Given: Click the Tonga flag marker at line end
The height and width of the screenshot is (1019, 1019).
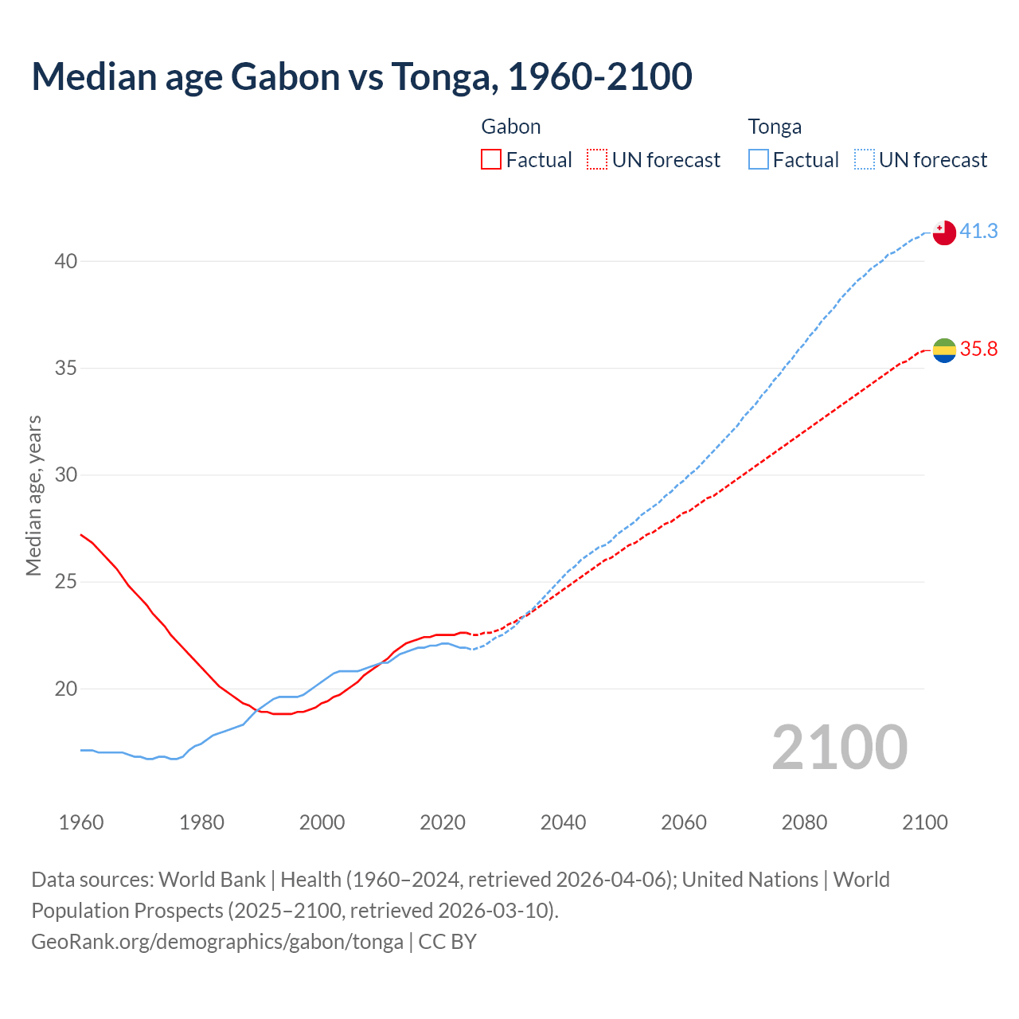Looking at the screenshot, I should (944, 232).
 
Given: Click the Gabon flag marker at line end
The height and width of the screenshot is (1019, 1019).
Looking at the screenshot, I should (944, 349).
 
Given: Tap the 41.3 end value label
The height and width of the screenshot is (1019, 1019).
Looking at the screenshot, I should (978, 231).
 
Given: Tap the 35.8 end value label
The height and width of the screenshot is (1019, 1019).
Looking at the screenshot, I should (978, 349).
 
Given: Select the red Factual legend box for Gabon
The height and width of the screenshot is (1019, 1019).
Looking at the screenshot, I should (491, 160).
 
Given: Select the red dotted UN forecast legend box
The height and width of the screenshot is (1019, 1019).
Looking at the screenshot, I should (597, 160).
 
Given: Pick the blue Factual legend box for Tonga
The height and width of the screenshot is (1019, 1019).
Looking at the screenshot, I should (759, 160).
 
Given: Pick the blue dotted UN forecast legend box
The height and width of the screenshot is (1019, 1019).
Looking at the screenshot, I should (865, 160).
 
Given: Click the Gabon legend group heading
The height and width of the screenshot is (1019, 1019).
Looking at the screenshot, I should (511, 127).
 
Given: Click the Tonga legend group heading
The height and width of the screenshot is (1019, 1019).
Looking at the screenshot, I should (775, 127).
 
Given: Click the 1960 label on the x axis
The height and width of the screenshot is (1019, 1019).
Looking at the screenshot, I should (81, 822).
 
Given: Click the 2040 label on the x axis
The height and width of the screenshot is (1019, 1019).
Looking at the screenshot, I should (563, 822).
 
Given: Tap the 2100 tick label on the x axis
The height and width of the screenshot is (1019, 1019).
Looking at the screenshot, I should (925, 822).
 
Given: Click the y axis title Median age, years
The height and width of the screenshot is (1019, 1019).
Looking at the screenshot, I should (33, 495).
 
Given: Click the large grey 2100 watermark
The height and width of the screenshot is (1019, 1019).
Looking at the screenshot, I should (840, 748).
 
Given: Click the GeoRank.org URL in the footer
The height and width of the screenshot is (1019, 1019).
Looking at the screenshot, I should (217, 942).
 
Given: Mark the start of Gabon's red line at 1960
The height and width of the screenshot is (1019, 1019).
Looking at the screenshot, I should (81, 535).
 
